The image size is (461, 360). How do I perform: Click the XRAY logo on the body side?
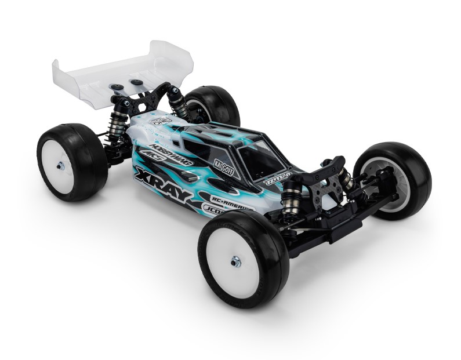(x=163, y=184)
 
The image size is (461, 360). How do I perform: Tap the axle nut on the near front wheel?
(x=235, y=262)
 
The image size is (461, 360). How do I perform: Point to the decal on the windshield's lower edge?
(x=278, y=177)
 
